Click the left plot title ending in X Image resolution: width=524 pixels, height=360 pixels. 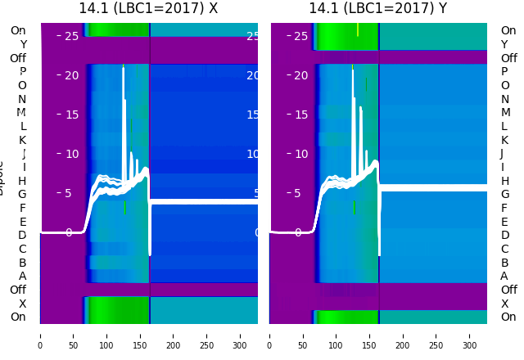point(148,9)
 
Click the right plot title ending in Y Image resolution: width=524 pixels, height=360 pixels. point(377,9)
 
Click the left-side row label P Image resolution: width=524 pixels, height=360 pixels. point(22,72)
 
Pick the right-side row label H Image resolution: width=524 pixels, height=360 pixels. point(504,181)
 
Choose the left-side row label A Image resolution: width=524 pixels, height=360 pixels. point(22,277)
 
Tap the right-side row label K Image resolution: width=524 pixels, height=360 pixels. point(504,140)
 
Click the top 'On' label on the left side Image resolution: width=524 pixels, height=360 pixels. point(18,31)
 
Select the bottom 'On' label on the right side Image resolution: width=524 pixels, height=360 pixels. point(508,317)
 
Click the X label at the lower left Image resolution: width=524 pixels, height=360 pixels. point(22,304)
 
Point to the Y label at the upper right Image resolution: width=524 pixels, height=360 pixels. point(504,44)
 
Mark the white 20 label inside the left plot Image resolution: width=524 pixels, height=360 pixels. point(71,75)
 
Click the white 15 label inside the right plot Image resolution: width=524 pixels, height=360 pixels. point(300,115)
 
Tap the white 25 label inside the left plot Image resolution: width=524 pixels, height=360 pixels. point(71,36)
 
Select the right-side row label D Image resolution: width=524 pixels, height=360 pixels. point(504,236)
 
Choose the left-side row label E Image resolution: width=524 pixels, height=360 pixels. point(22,222)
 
